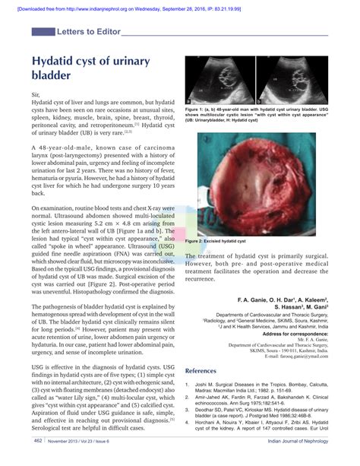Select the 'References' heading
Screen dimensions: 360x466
[x=206, y=370]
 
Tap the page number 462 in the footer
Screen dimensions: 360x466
[x=37, y=460]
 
